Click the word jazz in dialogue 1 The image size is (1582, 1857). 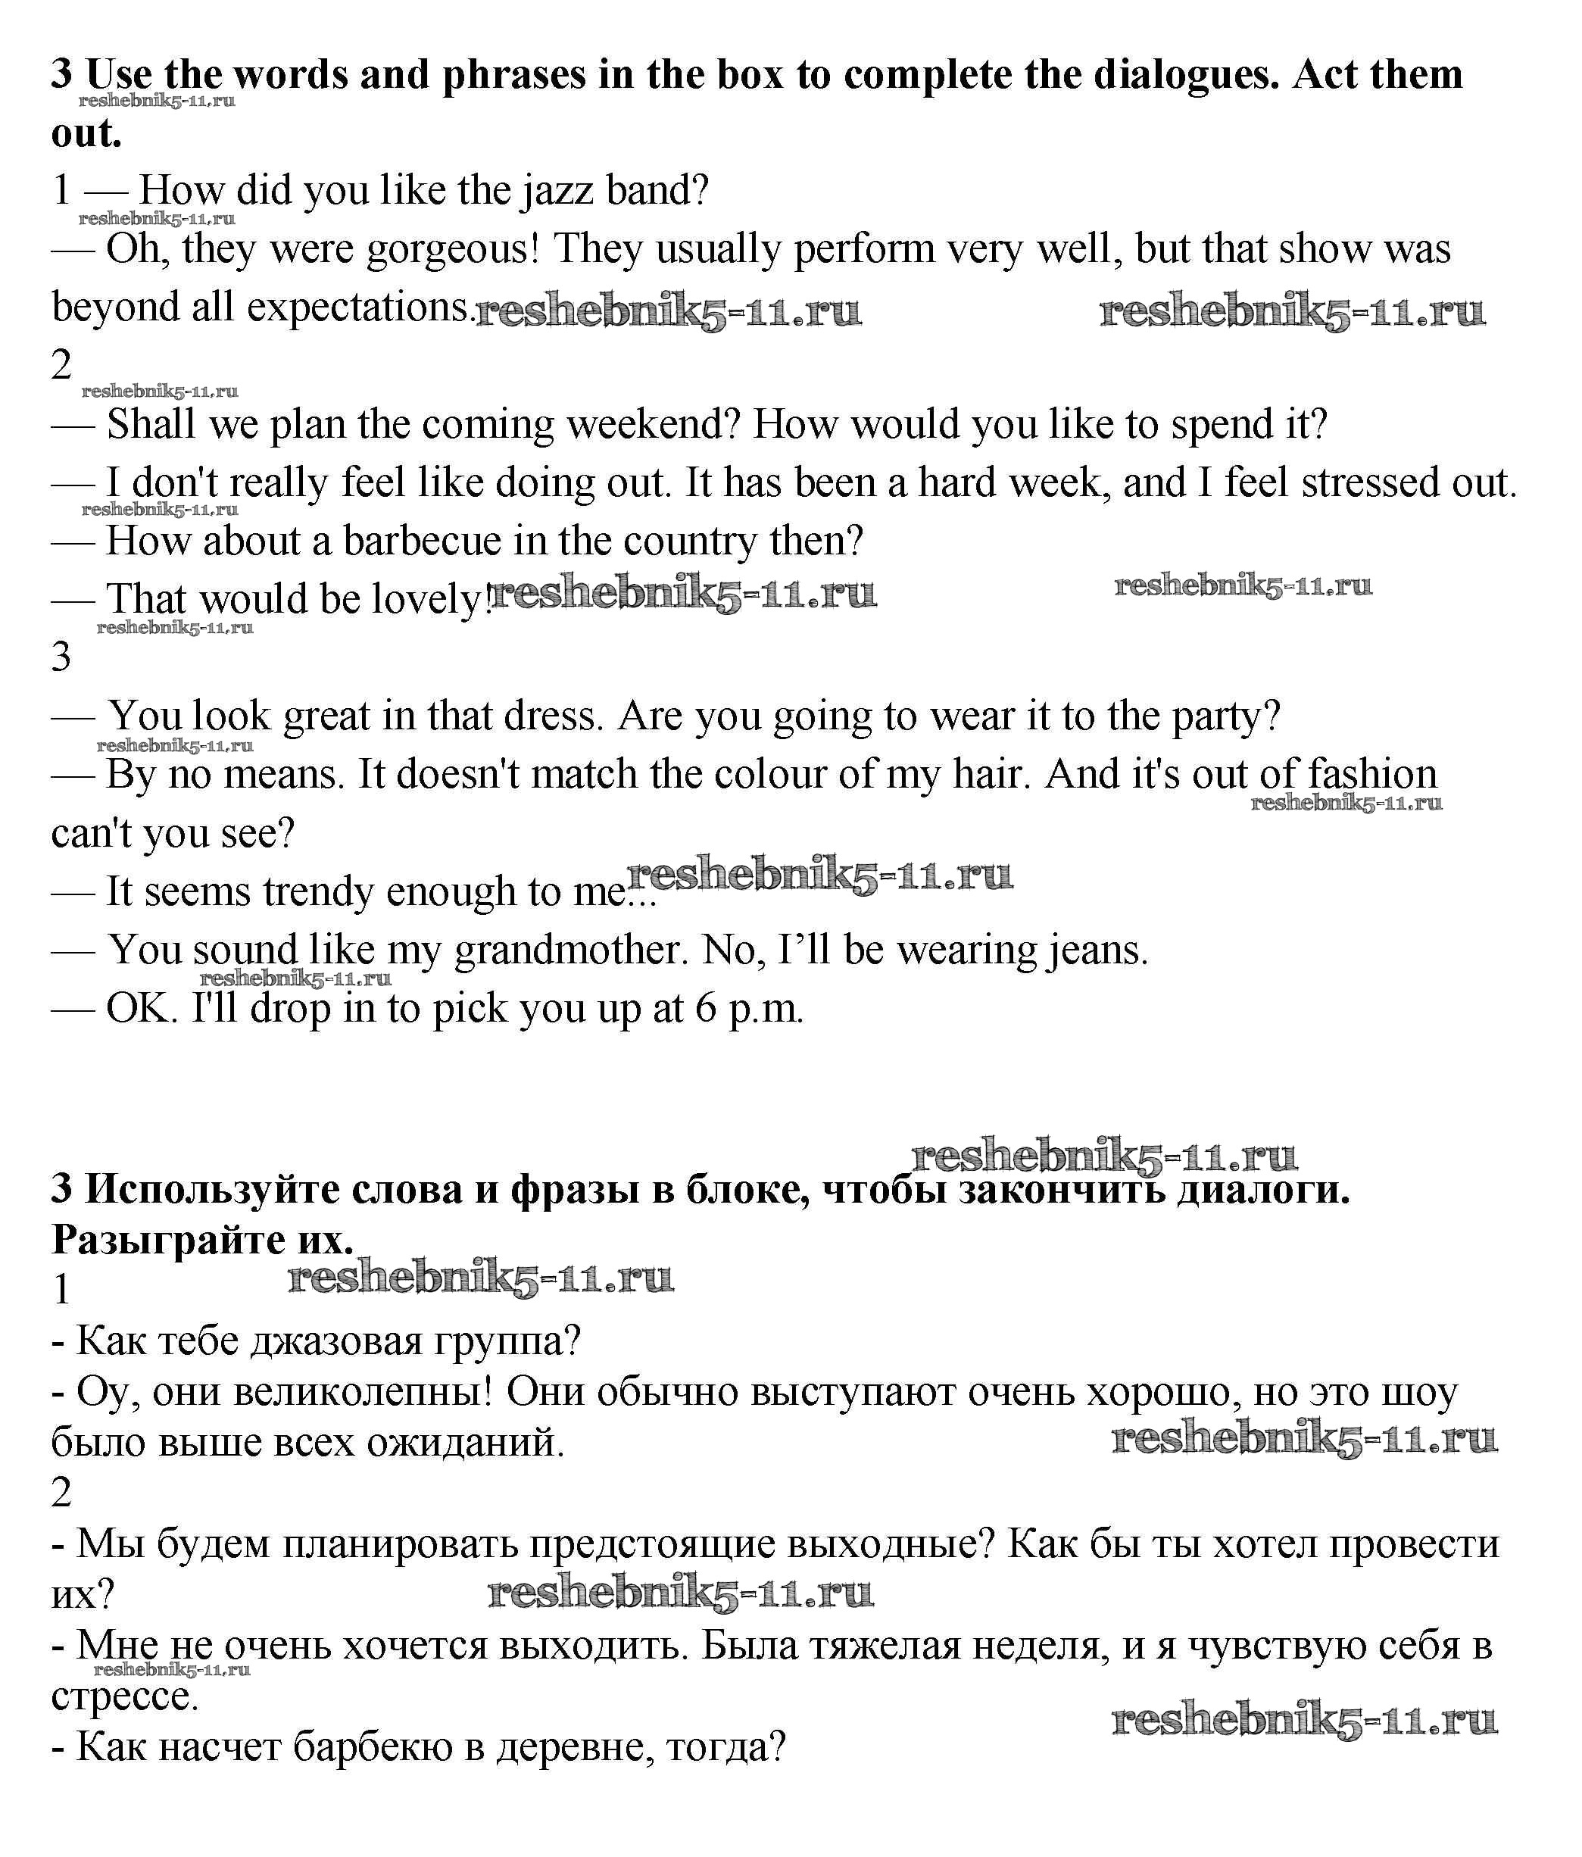click(556, 191)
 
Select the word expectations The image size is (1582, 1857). click(358, 308)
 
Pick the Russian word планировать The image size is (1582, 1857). click(400, 1544)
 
